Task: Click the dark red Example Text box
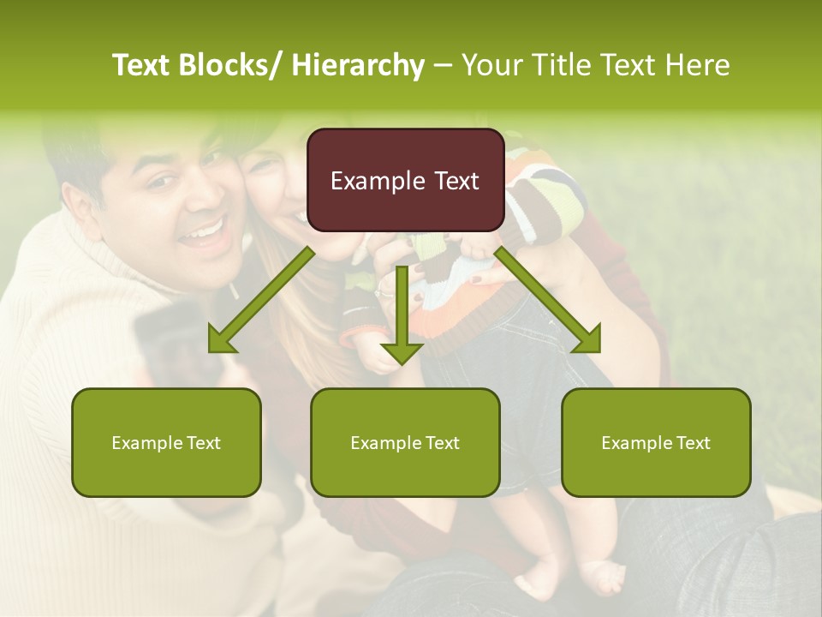405,180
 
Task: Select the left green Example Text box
166,442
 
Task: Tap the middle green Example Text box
405,442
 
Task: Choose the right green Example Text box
656,442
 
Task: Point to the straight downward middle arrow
402,317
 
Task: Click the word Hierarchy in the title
358,65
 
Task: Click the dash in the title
443,65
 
